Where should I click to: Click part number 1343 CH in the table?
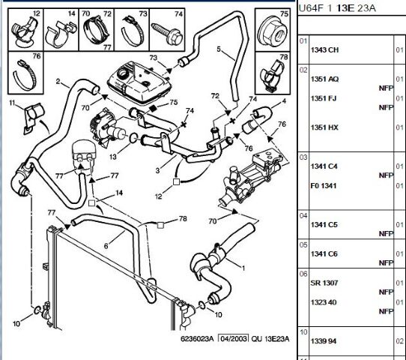[324, 49]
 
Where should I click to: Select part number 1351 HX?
[324, 127]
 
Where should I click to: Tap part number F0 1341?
[324, 186]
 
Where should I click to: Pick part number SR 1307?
[324, 283]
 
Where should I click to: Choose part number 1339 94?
[324, 341]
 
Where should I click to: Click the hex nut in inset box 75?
[273, 32]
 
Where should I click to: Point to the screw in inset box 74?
[167, 34]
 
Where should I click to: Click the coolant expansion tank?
[139, 82]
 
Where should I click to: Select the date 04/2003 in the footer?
[233, 339]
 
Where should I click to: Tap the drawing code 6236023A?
[197, 339]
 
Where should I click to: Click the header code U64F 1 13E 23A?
[337, 8]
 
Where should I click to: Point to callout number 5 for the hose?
[219, 49]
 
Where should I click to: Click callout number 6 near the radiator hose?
[106, 246]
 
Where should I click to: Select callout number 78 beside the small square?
[183, 219]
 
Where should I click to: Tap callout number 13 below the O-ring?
[113, 157]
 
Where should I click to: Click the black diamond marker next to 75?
[154, 107]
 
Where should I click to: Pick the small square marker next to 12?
[176, 181]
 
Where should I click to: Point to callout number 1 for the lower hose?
[243, 268]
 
